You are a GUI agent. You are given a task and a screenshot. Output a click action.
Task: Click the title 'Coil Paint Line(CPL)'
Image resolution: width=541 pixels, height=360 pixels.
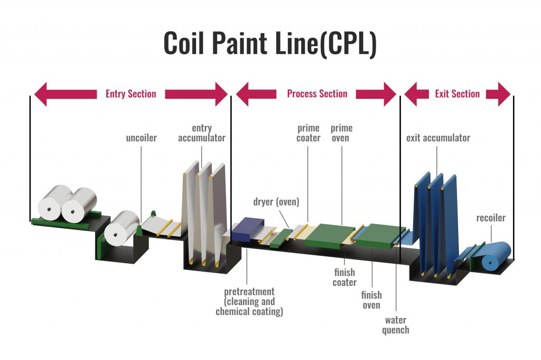click(x=269, y=43)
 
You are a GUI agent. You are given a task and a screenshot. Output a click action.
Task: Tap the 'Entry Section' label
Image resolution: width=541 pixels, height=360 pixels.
click(x=130, y=94)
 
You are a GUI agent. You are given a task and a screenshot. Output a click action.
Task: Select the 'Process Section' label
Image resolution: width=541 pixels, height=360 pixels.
click(x=317, y=94)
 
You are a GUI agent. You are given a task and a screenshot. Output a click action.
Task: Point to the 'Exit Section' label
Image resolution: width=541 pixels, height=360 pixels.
click(x=457, y=94)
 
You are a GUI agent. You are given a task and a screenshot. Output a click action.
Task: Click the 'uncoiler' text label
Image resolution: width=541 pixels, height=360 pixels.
click(x=141, y=139)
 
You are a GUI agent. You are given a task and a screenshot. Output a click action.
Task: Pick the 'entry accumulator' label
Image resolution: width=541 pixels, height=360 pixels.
click(x=201, y=133)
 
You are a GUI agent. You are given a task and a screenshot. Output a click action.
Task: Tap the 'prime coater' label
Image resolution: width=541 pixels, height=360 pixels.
click(x=309, y=133)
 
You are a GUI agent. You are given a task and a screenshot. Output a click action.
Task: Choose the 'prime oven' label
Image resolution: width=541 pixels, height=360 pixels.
click(x=341, y=133)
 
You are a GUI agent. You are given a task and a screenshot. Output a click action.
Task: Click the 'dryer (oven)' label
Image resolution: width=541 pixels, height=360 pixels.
click(x=275, y=201)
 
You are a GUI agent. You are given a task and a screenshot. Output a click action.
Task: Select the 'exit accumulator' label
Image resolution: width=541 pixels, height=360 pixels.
click(x=437, y=139)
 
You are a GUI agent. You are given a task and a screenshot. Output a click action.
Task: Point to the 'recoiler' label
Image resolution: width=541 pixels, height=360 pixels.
click(x=491, y=218)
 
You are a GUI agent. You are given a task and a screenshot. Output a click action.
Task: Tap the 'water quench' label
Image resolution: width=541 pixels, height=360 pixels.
click(x=396, y=325)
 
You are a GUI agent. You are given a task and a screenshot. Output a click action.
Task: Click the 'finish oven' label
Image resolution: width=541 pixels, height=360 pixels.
click(x=371, y=300)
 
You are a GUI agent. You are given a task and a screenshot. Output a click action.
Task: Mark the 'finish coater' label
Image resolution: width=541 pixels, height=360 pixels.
click(x=344, y=278)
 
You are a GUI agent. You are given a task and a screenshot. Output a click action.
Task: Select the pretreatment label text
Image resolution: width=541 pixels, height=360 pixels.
click(x=249, y=302)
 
